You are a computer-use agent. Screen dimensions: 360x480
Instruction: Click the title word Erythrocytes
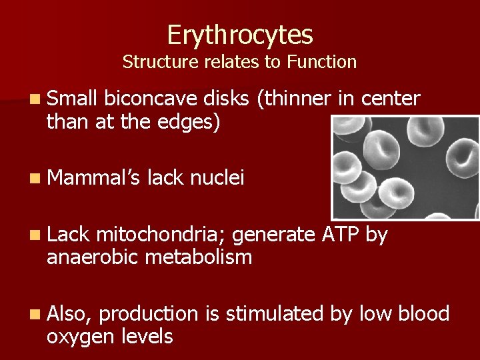240,34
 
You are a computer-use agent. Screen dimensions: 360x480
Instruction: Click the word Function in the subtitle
322,62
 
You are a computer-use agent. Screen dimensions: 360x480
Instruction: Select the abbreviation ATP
337,234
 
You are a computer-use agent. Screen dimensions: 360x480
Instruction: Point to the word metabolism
199,257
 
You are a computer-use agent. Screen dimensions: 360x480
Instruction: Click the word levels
147,336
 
